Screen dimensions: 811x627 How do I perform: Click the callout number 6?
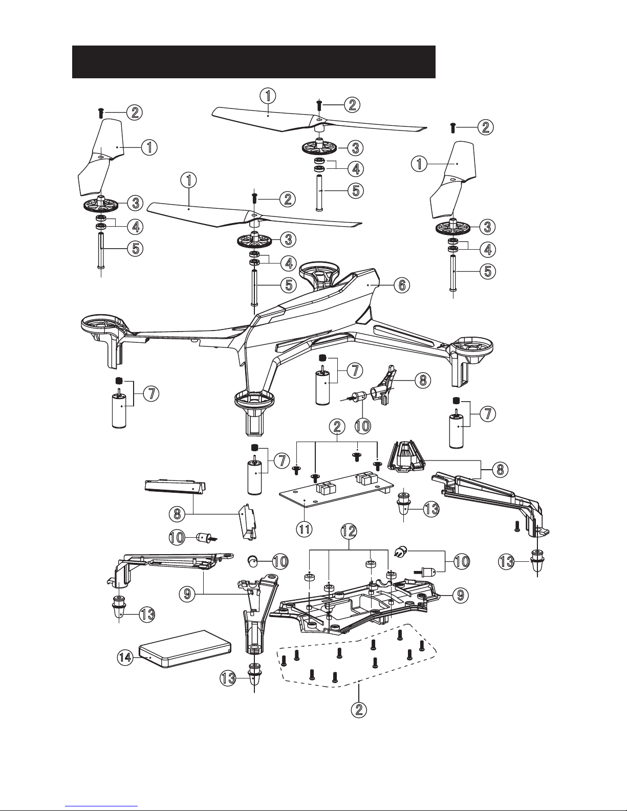point(401,286)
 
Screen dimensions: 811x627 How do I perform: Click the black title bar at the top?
point(253,61)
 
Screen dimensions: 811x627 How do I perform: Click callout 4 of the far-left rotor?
point(135,226)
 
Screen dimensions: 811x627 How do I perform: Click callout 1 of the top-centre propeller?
point(268,95)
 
